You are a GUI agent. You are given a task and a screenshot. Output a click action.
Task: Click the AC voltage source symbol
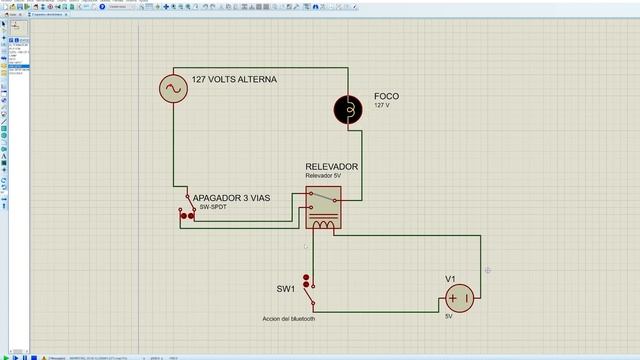coord(173,89)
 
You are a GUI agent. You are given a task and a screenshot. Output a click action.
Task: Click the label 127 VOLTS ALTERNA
coord(234,80)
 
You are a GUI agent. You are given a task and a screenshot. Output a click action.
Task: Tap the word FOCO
coord(386,96)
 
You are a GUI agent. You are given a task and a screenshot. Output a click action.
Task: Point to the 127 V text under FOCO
coord(384,105)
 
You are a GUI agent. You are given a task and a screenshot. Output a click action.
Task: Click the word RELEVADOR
coord(332,167)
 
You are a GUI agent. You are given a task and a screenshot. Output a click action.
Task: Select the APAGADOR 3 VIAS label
coord(232,198)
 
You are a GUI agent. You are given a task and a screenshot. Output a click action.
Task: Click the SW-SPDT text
coord(213,208)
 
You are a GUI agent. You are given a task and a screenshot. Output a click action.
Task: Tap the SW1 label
coord(285,289)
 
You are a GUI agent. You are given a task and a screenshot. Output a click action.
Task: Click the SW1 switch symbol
coord(310,289)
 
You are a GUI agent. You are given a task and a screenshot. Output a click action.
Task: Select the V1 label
coord(451,278)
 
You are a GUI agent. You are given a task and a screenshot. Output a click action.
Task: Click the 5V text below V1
coord(450,316)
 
